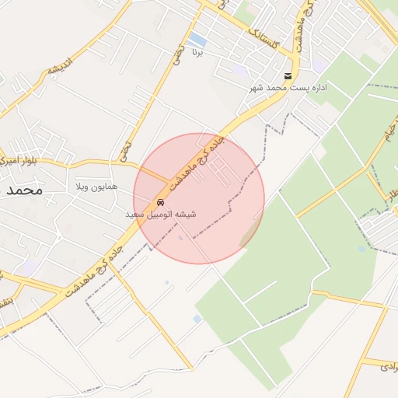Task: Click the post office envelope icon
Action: click(288, 75)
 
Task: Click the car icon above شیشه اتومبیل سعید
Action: click(160, 202)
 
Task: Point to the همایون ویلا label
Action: click(96, 187)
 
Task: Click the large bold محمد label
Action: click(22, 189)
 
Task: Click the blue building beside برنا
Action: click(197, 39)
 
